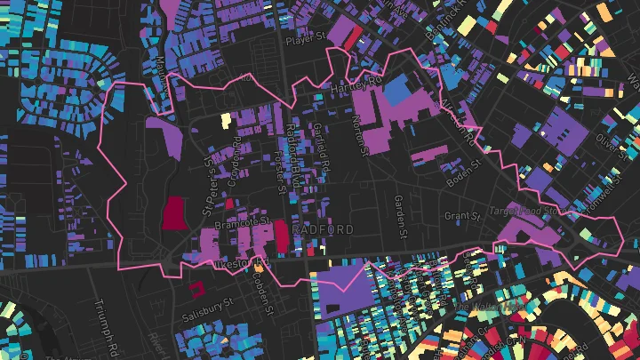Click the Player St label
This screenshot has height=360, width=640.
point(308,40)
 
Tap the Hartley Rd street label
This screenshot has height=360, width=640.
point(355,89)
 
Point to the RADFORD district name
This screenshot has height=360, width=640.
point(322,229)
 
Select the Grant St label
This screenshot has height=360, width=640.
point(462,216)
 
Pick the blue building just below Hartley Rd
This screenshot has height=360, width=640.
point(396,92)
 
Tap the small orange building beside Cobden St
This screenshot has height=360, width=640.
point(259,264)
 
